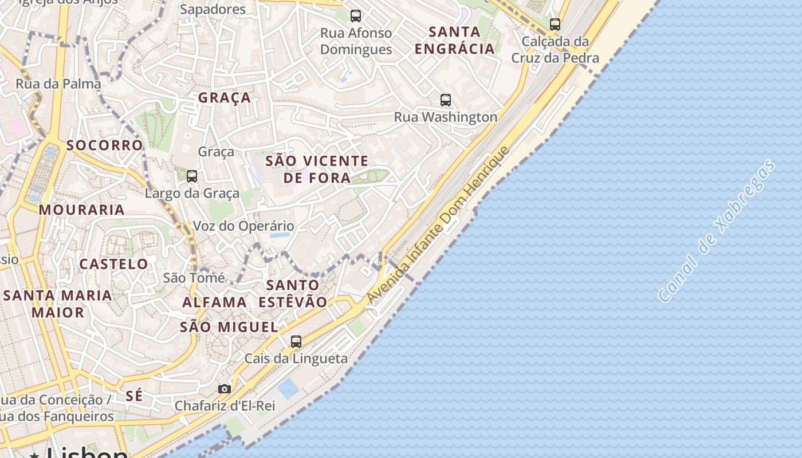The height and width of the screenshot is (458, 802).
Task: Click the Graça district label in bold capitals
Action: (225, 98)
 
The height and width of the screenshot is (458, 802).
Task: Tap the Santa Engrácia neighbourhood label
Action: (454, 40)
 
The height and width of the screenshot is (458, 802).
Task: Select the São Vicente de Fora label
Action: (317, 169)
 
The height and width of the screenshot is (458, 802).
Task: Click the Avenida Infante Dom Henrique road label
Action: (438, 224)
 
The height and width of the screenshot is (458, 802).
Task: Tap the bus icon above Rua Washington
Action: (446, 100)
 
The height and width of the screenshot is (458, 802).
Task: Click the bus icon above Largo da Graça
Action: (192, 176)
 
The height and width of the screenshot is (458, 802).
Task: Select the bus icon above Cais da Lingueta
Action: (296, 342)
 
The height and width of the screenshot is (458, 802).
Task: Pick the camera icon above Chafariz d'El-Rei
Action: (225, 389)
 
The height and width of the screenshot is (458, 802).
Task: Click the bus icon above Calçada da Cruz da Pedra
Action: (555, 25)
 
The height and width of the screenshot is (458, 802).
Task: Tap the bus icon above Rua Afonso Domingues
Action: (356, 16)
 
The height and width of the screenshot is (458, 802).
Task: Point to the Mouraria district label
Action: (82, 210)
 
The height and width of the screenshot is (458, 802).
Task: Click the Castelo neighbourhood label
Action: (113, 264)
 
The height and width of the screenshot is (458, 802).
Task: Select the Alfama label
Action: (214, 302)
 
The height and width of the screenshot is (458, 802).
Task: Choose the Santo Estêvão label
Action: (293, 293)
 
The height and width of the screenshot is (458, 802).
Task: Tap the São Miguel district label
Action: (229, 327)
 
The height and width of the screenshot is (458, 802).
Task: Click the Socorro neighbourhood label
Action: (104, 145)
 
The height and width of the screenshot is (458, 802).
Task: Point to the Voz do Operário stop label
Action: (243, 226)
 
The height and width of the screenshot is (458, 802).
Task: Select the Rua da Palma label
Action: (58, 84)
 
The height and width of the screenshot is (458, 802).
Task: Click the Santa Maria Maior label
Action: (58, 304)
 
